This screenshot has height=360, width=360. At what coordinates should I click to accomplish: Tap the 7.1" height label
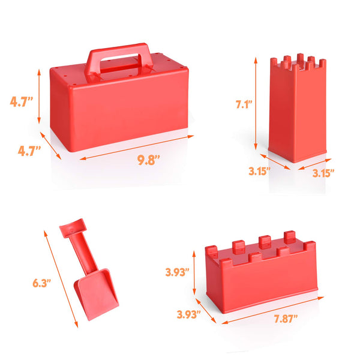243,104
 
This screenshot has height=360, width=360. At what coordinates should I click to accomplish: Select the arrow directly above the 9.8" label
136,148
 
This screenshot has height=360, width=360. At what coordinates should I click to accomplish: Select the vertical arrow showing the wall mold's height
196,273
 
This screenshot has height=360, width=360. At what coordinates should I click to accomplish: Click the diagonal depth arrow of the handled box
50,145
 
